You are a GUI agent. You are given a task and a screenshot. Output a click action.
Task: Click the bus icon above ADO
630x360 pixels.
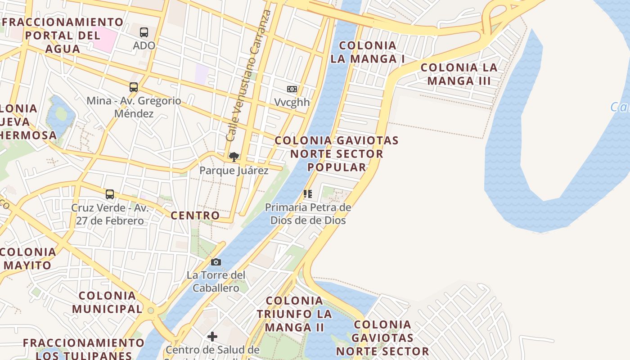point(144,32)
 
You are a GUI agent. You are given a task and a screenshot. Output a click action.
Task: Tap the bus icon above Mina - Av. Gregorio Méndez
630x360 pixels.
point(134,87)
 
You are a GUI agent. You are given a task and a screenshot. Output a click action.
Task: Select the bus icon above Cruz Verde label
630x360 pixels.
point(110,194)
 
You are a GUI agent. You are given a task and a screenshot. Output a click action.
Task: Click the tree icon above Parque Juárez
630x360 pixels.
point(234,157)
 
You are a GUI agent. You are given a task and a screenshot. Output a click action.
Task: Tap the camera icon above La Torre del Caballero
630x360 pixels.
point(216,262)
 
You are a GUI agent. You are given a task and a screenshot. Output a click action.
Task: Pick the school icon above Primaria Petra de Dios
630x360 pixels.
point(308,194)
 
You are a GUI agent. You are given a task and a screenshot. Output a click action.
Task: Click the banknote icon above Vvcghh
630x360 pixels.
point(292,89)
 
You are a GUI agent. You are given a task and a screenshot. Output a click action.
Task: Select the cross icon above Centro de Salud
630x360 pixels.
point(212,336)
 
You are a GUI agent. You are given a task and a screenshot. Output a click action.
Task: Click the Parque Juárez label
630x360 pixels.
point(234,171)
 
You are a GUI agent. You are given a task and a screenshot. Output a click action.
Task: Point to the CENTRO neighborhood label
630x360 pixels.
point(195,216)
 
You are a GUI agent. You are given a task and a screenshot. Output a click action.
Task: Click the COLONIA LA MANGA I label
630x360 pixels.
point(368,52)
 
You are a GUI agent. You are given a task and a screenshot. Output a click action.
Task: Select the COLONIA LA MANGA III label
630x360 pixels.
point(459,74)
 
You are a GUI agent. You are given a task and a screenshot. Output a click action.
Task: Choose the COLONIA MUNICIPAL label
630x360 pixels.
point(107,302)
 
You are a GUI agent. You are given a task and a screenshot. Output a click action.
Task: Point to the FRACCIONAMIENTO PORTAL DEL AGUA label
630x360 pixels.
point(63,36)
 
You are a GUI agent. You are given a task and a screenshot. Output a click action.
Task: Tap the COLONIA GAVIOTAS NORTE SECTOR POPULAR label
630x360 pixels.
point(337,153)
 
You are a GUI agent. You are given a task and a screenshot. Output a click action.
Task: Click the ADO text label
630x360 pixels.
point(144,45)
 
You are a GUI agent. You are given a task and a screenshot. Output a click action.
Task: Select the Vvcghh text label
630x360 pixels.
point(292,102)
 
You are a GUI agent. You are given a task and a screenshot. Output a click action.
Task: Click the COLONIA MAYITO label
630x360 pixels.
point(28,259)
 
